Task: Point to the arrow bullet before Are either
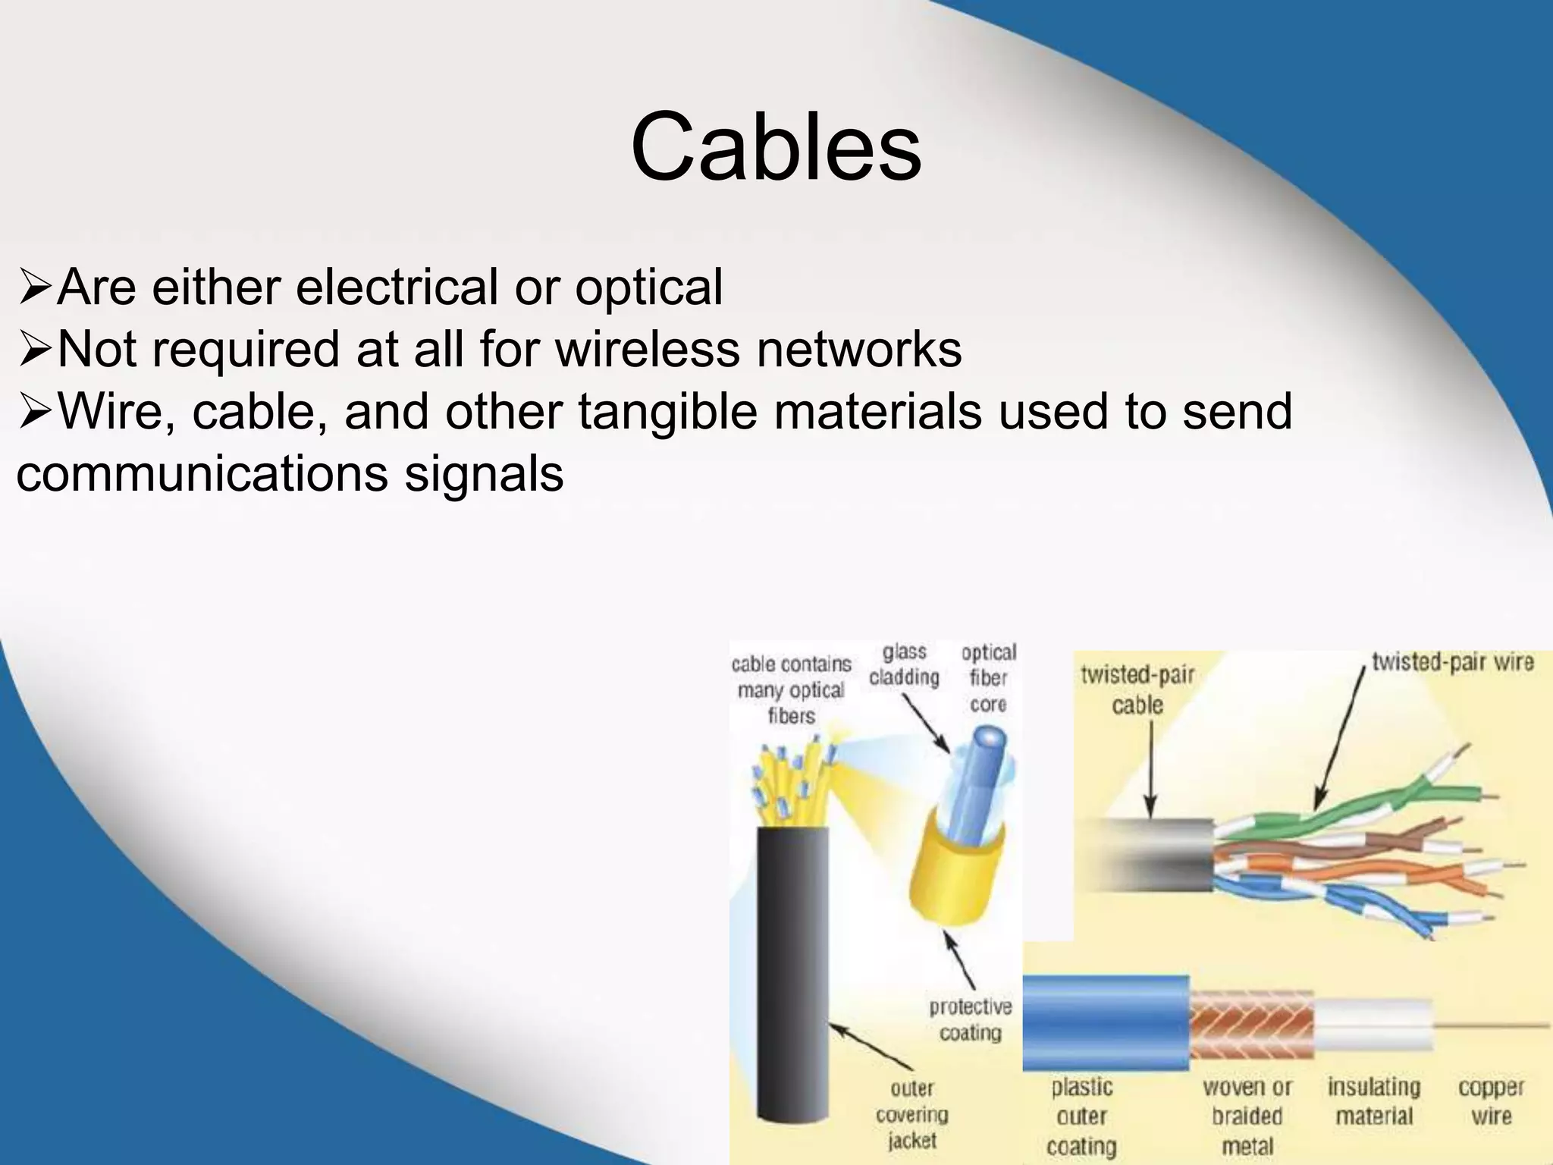(34, 288)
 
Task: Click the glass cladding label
(904, 665)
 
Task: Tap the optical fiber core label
(988, 678)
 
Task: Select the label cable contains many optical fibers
(791, 690)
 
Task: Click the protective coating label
(970, 1019)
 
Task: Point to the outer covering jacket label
(911, 1114)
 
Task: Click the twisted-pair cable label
(1137, 689)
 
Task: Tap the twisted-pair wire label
(1452, 662)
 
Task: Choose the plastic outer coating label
(1081, 1116)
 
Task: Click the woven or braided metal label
(1247, 1116)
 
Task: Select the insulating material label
(1374, 1101)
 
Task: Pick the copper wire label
(1491, 1101)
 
